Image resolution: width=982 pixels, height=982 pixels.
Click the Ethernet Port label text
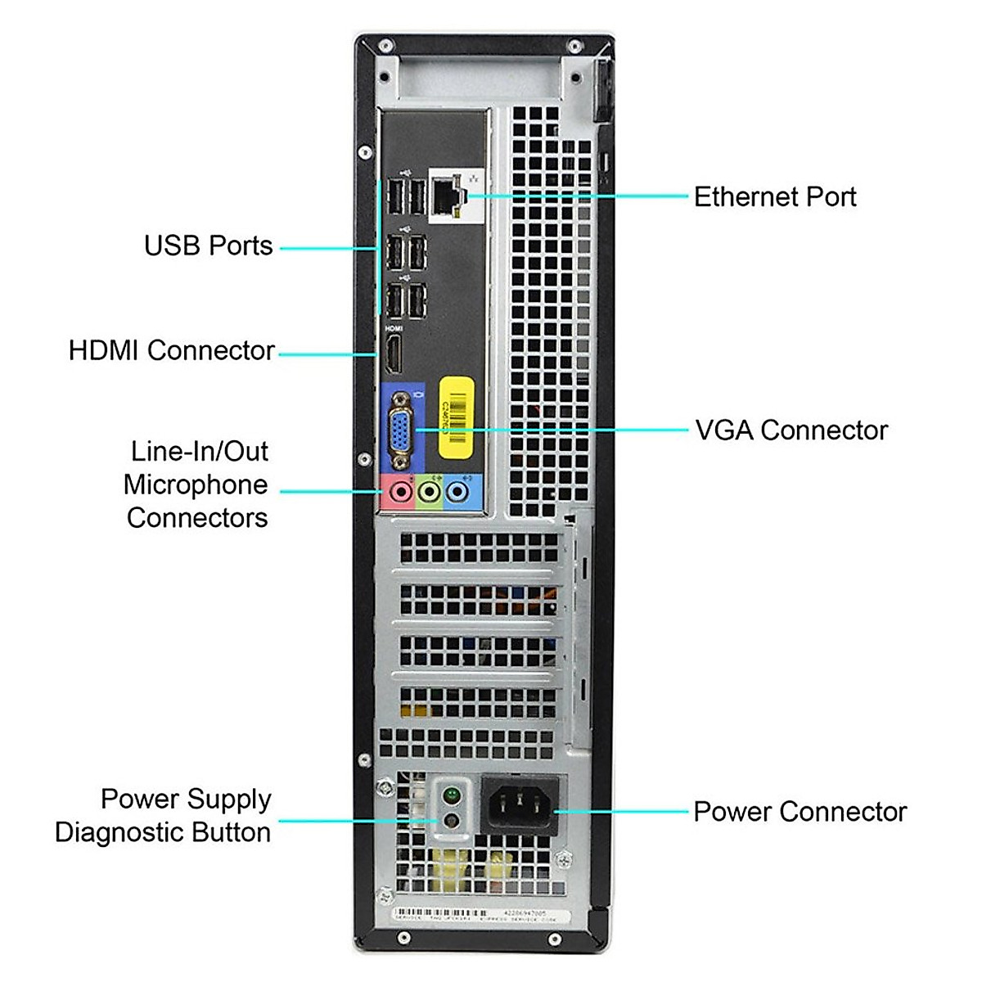click(774, 197)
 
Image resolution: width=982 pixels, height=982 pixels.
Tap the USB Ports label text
click(208, 245)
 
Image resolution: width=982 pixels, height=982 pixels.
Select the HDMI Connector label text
click(171, 350)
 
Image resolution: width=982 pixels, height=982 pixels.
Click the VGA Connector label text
click(791, 430)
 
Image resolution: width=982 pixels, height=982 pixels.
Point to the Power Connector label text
click(800, 812)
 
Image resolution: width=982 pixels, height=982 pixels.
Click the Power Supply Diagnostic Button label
click(163, 815)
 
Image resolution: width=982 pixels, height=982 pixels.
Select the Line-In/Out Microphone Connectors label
click(196, 484)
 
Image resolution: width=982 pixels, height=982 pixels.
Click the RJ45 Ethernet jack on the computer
click(447, 196)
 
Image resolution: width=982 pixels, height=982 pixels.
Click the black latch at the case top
click(604, 90)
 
